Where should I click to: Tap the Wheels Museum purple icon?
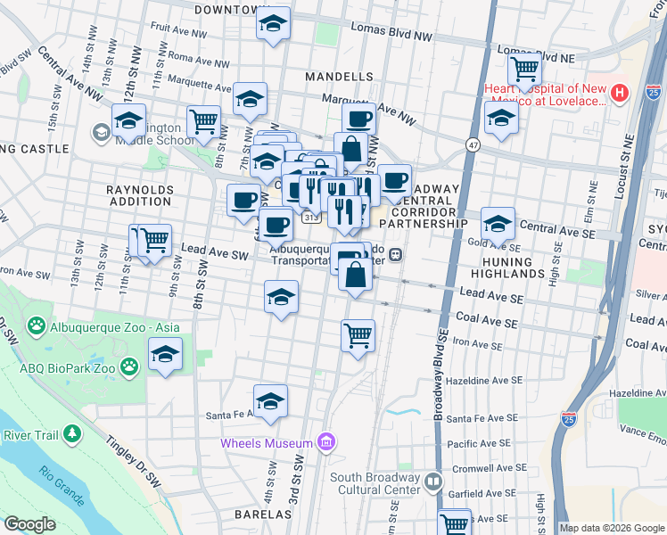(326, 441)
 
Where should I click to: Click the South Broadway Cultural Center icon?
(433, 481)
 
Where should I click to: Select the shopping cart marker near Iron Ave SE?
(358, 336)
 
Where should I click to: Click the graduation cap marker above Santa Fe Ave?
(270, 400)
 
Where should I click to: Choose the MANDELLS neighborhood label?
(339, 78)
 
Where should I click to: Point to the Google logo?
(29, 524)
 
